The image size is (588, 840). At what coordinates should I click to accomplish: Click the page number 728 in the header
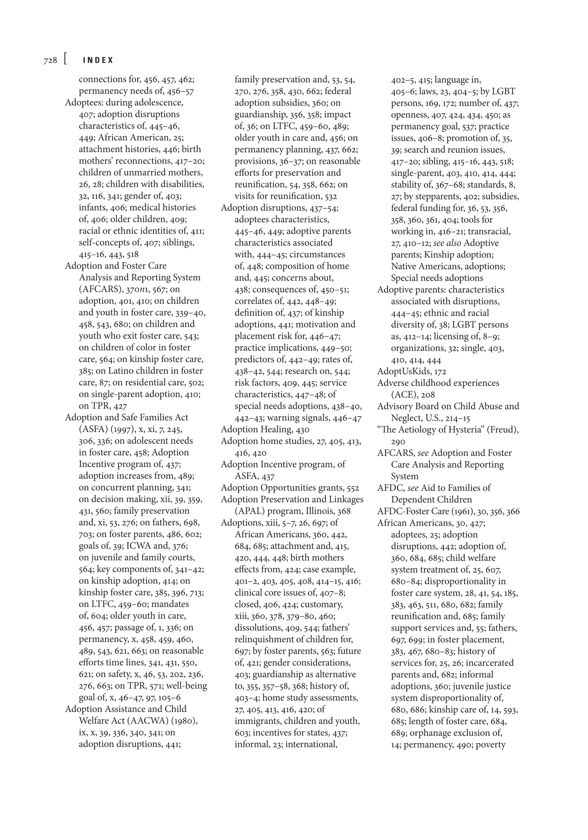click(50, 61)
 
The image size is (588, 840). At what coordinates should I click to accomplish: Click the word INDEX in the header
click(98, 61)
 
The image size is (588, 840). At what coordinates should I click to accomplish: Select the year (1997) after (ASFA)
click(124, 429)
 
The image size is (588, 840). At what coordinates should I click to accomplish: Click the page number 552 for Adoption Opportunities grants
click(353, 488)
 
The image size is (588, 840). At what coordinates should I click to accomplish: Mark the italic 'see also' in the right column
click(447, 243)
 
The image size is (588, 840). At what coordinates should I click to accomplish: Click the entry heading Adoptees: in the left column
click(84, 103)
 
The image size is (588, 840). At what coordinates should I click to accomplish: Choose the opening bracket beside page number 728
click(65, 59)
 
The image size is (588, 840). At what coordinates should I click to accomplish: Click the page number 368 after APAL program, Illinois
click(344, 511)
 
